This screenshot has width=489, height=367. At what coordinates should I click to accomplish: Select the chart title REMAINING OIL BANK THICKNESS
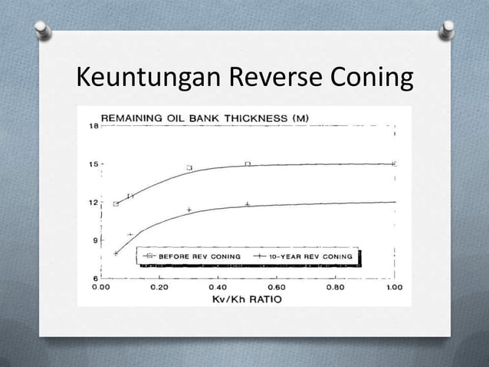pos(205,117)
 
